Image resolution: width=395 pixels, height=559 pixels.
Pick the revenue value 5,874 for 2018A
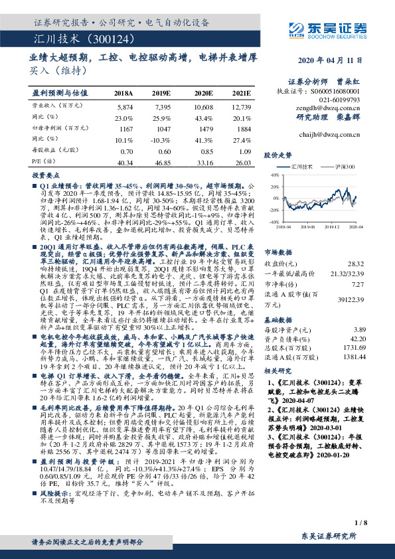point(124,106)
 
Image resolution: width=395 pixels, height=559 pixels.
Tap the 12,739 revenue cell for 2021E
point(241,106)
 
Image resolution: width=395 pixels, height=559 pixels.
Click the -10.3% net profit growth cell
point(162,140)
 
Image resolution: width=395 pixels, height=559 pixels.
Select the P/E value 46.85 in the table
point(162,162)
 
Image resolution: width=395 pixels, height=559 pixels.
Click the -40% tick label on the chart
point(272,222)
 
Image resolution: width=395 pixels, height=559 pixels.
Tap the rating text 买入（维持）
point(53,70)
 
